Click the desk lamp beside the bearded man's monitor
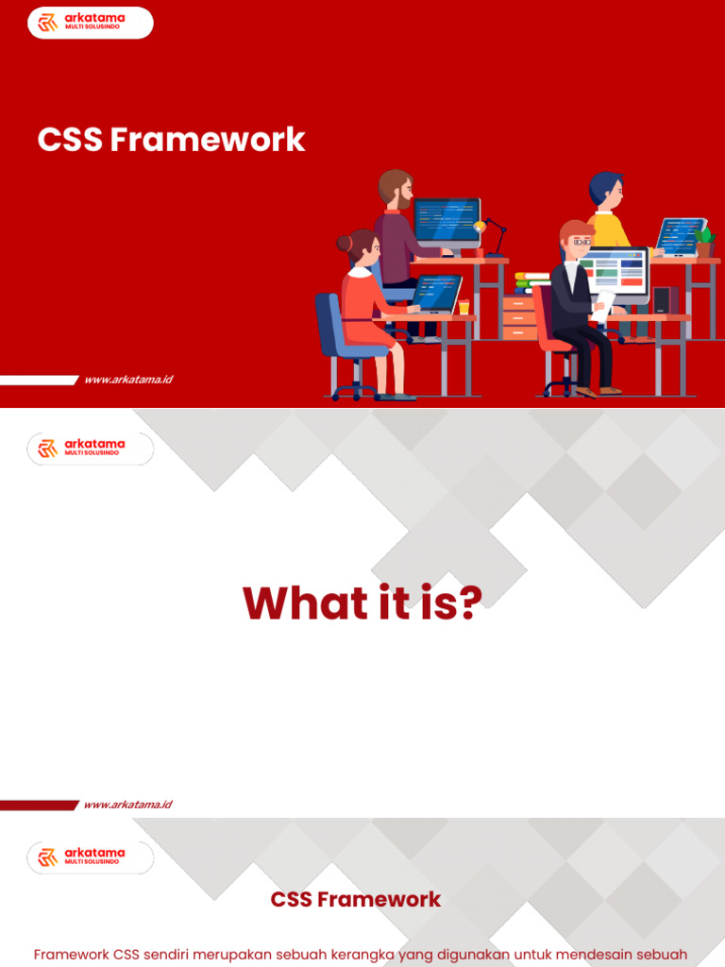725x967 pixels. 492,237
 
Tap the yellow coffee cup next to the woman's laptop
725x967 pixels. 464,307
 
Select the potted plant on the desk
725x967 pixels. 704,243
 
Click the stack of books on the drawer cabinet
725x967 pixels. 531,283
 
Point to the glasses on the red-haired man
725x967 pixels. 581,243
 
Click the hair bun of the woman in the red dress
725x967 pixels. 344,243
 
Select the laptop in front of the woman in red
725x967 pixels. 436,295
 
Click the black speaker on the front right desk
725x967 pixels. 662,300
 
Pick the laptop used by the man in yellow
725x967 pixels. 680,237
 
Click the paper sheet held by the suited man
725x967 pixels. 603,306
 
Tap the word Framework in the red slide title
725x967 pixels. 208,140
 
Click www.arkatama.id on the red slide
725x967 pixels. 128,380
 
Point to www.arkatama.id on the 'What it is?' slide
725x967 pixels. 128,805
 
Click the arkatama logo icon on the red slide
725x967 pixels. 47,23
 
